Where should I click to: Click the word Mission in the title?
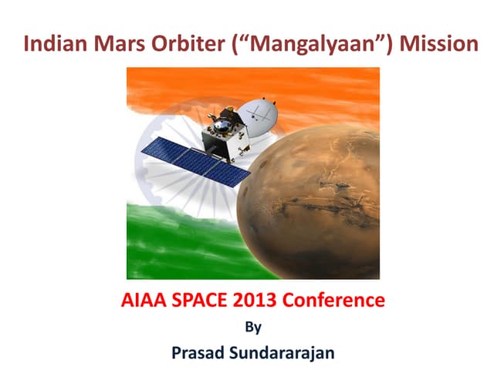(435, 43)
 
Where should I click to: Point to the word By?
(252, 326)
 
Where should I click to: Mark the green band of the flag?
(178, 247)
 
